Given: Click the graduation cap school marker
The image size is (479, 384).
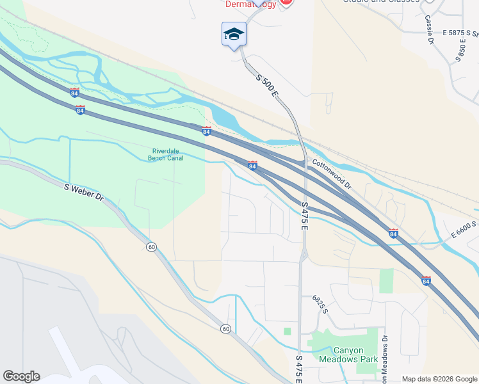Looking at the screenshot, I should [234, 34].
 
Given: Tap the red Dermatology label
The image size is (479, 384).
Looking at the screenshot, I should [251, 4].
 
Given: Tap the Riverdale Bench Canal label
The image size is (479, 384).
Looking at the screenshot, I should [166, 154].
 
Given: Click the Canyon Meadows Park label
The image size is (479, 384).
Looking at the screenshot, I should [348, 355].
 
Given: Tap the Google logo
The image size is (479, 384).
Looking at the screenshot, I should [21, 376].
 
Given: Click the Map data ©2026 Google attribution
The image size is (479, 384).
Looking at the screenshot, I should [439, 379].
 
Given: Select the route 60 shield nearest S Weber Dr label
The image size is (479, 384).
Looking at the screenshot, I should [151, 247].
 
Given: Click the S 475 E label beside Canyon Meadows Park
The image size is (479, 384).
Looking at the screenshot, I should [299, 369].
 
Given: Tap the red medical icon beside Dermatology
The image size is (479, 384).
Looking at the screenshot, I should [286, 3].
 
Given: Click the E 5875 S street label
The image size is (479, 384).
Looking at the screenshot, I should [462, 32].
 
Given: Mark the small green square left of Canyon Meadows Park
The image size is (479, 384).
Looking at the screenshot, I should [288, 331].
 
